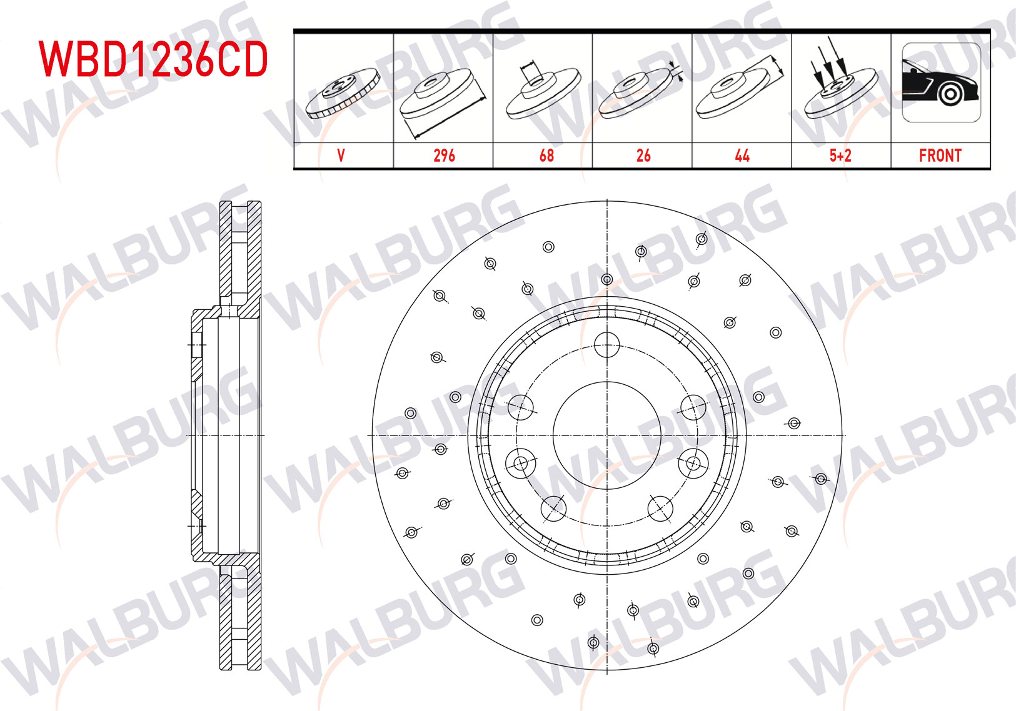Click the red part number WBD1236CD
(153, 59)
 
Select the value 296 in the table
(444, 156)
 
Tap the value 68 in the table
(546, 156)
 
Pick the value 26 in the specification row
(643, 156)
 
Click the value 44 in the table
(742, 156)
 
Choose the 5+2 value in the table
(840, 156)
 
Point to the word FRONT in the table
(940, 156)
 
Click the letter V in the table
(341, 156)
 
